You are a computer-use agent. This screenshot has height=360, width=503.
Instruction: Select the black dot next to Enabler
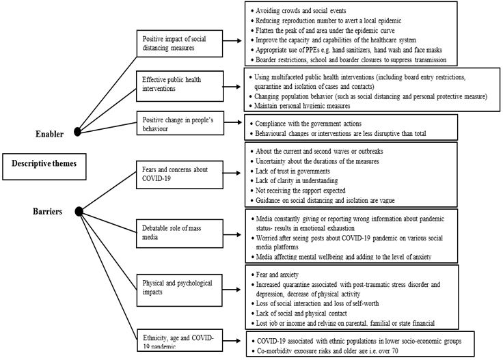pos(77,130)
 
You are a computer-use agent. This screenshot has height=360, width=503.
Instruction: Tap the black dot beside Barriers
pos(79,212)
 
